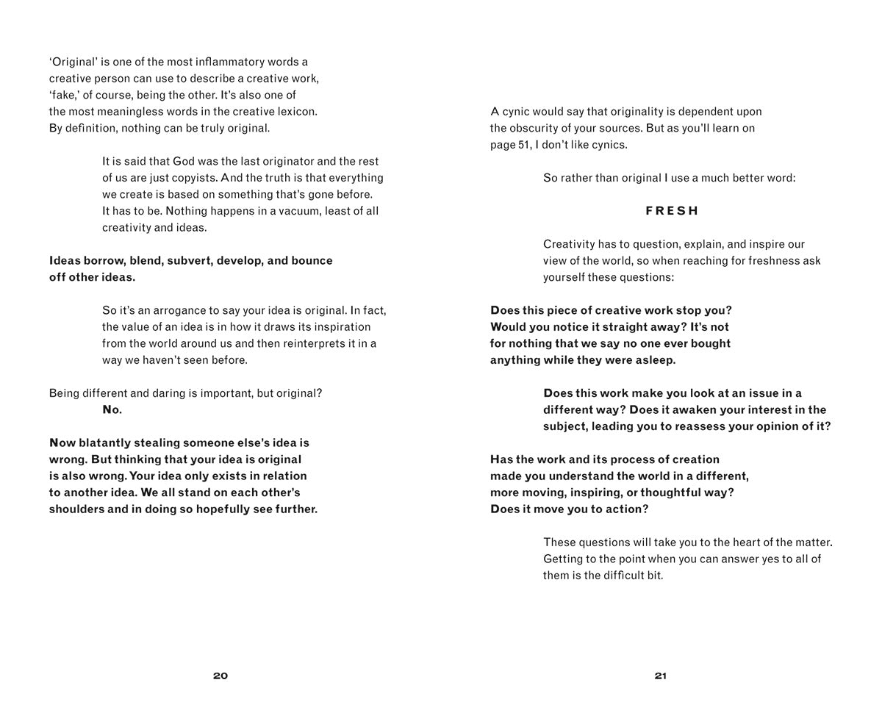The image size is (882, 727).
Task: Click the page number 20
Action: click(x=220, y=676)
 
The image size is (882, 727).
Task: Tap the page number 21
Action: click(x=660, y=676)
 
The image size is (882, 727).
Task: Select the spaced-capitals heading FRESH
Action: click(x=672, y=211)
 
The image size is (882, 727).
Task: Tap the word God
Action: click(x=184, y=161)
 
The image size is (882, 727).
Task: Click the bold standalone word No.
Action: click(x=112, y=409)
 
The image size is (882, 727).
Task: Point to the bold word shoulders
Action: click(x=76, y=509)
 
